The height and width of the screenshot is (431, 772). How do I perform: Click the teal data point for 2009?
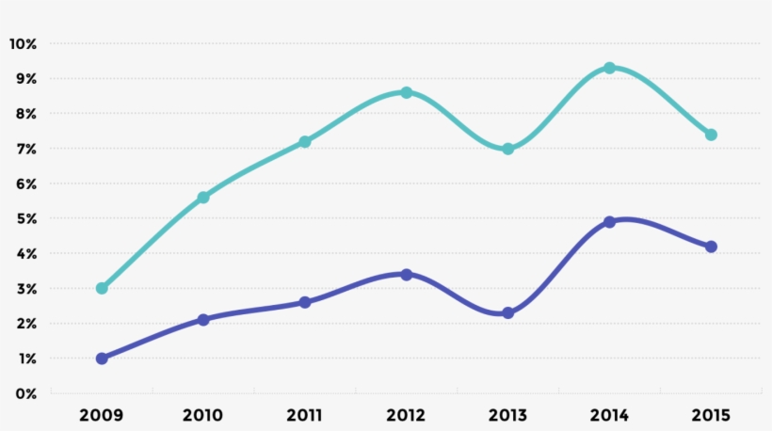(102, 288)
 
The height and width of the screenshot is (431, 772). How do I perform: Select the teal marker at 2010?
(203, 198)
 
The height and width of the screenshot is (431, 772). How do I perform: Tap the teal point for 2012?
(407, 92)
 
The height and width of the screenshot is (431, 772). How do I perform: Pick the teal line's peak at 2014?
(610, 68)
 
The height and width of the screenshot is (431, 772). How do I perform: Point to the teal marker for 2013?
(508, 149)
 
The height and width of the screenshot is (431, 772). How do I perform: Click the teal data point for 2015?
(712, 135)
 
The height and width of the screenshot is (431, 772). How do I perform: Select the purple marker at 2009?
(102, 359)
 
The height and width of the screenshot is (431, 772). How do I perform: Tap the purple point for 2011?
(305, 302)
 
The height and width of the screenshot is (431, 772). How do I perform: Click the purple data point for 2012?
(407, 275)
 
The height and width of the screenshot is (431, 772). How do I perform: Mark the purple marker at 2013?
(508, 312)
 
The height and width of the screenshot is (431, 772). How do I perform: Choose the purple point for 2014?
(610, 222)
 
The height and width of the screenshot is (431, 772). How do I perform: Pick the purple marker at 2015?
(712, 247)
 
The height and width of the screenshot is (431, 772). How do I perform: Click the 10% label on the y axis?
(23, 44)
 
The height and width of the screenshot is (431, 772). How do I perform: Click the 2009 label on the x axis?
(102, 415)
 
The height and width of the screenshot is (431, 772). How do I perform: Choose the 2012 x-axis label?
(407, 415)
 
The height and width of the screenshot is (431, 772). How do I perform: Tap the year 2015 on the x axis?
(712, 415)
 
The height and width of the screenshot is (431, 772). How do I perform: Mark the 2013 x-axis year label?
(508, 415)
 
